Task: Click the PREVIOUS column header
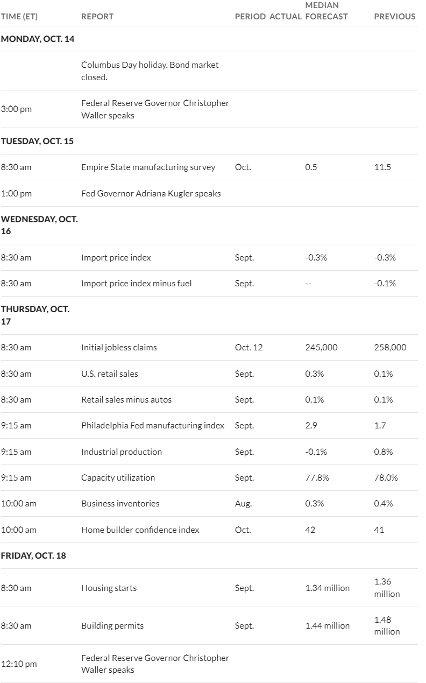[395, 17]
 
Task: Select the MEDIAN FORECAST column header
[326, 11]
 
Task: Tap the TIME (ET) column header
[19, 17]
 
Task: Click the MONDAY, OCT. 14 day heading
[38, 39]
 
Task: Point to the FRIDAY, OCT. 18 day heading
[33, 555]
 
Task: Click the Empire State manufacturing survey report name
[148, 167]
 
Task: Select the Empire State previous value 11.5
[382, 167]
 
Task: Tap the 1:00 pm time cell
[16, 194]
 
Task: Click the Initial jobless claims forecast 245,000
[321, 348]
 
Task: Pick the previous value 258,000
[390, 348]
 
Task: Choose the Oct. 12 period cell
[248, 348]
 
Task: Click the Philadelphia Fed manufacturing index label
[153, 426]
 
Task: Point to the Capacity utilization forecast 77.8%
[317, 478]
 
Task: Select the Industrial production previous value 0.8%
[384, 452]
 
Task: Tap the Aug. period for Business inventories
[243, 504]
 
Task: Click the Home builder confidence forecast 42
[310, 530]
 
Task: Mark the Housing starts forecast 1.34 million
[327, 588]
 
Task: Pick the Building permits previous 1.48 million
[387, 625]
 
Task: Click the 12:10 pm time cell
[19, 664]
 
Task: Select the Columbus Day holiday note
[150, 71]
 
